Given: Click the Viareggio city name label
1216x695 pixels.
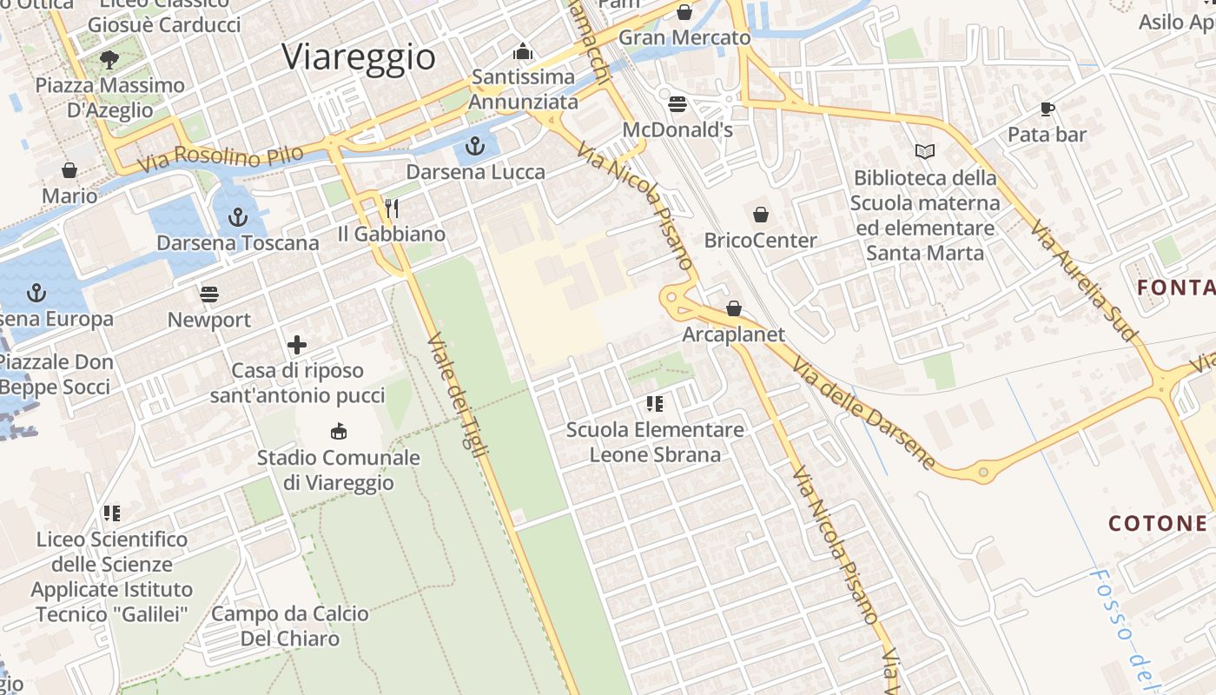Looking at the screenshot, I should [x=359, y=57].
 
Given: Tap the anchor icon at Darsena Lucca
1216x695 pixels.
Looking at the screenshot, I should [x=474, y=145].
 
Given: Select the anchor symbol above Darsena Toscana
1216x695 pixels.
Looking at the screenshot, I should [x=237, y=217].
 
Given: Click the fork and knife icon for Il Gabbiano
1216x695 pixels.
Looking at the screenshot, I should [x=392, y=208].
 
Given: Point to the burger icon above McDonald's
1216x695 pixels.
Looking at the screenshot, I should [x=677, y=104].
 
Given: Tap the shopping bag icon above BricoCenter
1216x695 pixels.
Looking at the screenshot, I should [x=761, y=214].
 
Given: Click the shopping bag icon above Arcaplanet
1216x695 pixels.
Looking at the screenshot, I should [x=734, y=308].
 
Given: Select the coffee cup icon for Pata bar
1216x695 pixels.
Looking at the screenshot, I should [x=1047, y=109].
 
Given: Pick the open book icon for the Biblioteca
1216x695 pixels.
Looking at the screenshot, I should [x=925, y=152].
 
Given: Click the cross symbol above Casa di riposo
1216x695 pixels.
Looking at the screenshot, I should [x=297, y=345].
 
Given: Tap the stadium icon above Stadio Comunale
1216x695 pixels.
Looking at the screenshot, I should [x=339, y=431].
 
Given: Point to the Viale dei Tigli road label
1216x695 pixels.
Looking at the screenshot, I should [x=458, y=394].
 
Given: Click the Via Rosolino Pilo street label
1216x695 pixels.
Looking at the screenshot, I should [x=221, y=158].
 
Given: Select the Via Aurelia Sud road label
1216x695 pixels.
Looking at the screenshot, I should [x=1083, y=279].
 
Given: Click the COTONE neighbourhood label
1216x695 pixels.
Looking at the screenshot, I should [x=1158, y=523].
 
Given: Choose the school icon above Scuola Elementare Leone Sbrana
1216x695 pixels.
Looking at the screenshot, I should [x=655, y=404].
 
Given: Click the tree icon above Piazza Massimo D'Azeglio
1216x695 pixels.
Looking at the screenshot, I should [x=109, y=59].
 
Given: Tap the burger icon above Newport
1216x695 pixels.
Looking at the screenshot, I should [x=209, y=295].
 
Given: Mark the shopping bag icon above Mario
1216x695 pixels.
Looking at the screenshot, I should [x=69, y=170].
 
